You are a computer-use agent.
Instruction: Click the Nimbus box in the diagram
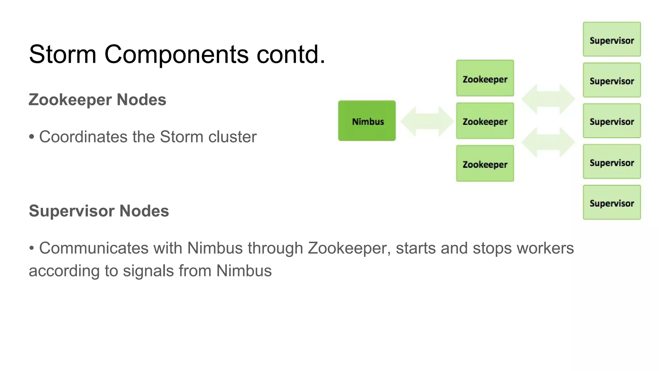367,121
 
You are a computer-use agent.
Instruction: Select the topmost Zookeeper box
485,78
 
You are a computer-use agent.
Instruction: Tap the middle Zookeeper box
485,121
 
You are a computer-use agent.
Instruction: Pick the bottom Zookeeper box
485,164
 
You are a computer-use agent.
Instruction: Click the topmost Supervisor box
612,39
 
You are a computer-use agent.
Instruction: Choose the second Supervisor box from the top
612,80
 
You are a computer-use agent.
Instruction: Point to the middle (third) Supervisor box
612,121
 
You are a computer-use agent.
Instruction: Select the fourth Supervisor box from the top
612,162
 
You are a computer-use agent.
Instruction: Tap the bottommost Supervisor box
612,203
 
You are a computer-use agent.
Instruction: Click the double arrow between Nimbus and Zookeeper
427,121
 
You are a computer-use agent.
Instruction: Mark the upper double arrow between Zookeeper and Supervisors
548,99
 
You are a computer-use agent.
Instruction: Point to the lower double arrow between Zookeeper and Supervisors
548,142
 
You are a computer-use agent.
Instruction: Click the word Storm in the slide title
63,54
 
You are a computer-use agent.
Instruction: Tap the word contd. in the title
291,54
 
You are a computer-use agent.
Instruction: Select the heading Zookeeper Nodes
97,100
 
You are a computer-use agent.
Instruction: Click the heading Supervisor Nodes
99,211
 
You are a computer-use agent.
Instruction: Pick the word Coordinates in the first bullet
83,137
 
